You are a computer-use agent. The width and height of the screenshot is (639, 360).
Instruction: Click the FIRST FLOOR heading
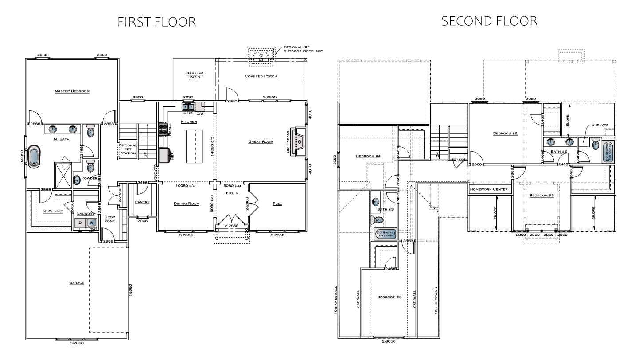156,22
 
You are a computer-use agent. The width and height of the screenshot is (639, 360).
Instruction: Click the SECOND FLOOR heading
489,21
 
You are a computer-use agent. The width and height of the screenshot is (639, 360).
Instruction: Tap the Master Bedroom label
72,91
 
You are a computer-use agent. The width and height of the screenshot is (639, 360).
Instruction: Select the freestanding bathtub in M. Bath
34,157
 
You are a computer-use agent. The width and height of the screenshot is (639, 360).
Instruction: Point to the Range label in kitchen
170,129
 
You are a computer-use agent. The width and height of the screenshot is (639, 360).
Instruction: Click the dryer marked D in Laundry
80,223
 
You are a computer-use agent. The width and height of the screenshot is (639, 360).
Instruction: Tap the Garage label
77,282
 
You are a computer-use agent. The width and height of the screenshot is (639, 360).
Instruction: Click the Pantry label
142,202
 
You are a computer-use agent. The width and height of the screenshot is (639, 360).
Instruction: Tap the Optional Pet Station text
128,149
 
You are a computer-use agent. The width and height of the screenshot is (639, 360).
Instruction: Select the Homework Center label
488,189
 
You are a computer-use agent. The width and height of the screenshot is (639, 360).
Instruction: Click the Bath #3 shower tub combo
385,234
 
